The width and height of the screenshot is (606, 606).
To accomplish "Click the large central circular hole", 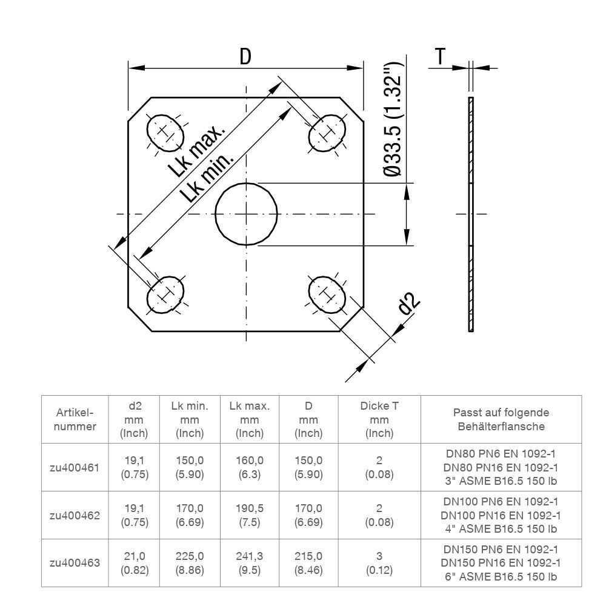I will pyautogui.click(x=247, y=213).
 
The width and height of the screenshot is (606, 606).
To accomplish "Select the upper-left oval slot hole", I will pyautogui.click(x=165, y=132).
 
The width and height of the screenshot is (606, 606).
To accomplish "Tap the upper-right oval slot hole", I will pyautogui.click(x=328, y=132).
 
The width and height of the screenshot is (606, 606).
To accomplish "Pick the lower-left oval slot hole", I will pyautogui.click(x=165, y=295).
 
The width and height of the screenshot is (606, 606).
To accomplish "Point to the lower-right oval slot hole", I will pyautogui.click(x=328, y=295).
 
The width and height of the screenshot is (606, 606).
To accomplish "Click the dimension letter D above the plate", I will pyautogui.click(x=245, y=56).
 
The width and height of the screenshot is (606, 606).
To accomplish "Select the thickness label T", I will pyautogui.click(x=441, y=57).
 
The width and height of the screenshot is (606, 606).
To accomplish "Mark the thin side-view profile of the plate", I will pyautogui.click(x=471, y=214).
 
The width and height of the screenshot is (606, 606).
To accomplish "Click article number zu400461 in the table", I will pyautogui.click(x=75, y=467).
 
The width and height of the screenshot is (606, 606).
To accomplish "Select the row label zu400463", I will pyautogui.click(x=75, y=562).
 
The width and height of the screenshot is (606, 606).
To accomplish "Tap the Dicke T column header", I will pyautogui.click(x=379, y=419).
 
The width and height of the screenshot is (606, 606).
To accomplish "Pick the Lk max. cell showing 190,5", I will pyautogui.click(x=249, y=515).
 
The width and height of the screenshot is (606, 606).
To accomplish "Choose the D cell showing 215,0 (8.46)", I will pyautogui.click(x=308, y=562).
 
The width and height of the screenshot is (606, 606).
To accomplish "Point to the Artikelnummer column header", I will pyautogui.click(x=75, y=419).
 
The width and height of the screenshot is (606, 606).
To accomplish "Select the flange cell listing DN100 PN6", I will pyautogui.click(x=501, y=515).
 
